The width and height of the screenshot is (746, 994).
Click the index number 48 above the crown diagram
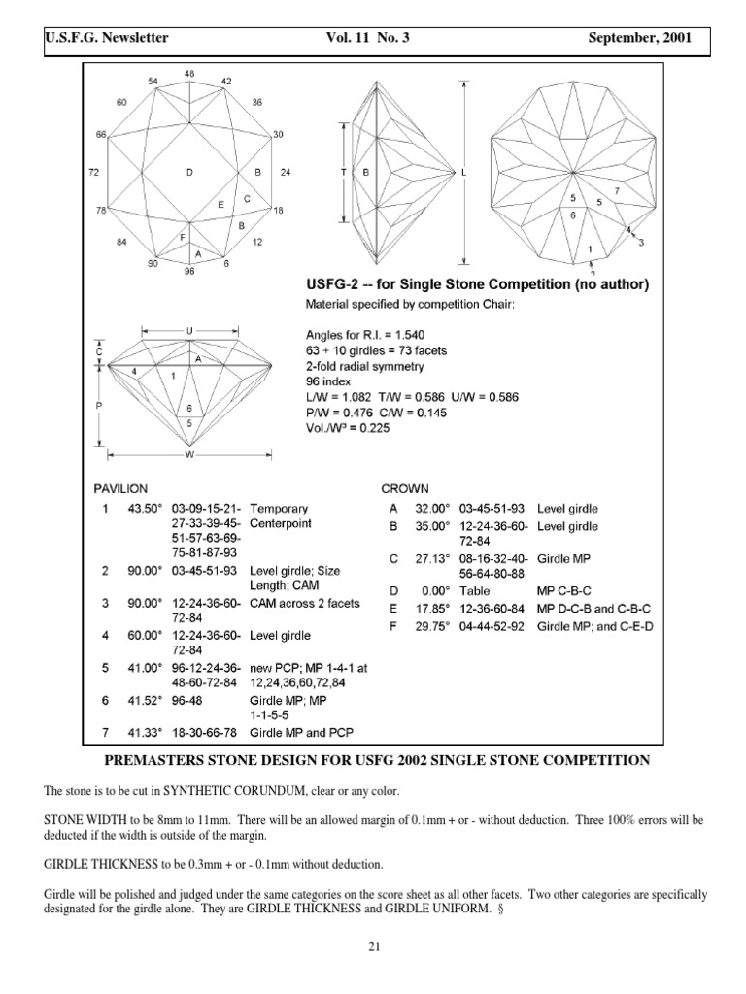(x=189, y=74)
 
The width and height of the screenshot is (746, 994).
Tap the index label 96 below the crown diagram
(x=189, y=272)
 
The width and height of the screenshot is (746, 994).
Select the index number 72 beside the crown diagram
(x=93, y=172)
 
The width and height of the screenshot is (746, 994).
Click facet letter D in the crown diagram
(x=190, y=172)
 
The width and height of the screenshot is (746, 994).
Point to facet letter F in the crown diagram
(x=182, y=236)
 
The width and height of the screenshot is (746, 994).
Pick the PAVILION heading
(x=120, y=489)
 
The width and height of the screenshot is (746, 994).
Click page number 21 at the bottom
(x=372, y=948)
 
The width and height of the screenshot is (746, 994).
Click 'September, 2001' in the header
(x=639, y=38)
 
